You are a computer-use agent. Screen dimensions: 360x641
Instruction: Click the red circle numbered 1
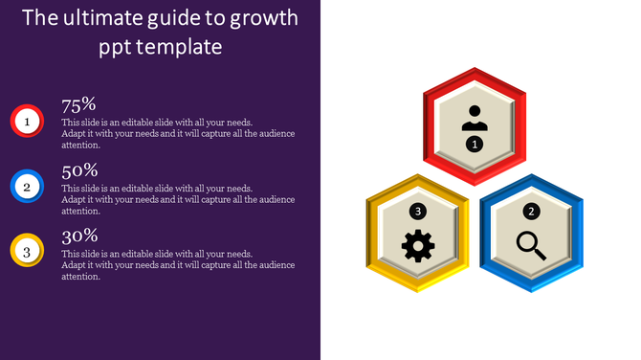tap(27, 121)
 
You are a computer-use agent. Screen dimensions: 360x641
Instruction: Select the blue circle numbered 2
tap(27, 186)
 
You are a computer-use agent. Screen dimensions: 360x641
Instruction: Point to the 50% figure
tap(78, 170)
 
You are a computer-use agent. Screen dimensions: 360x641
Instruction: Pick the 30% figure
tap(78, 236)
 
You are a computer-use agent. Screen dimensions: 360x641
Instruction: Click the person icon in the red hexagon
tap(475, 118)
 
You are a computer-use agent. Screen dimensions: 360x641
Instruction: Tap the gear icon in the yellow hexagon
tap(418, 246)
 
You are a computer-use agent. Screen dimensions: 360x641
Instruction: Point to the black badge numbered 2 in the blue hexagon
tap(532, 211)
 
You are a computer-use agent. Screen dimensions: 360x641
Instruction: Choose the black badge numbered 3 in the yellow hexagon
tap(417, 211)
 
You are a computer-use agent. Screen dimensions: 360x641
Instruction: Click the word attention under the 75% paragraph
tap(80, 146)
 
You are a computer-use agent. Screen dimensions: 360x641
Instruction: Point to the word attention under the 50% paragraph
tap(80, 211)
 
